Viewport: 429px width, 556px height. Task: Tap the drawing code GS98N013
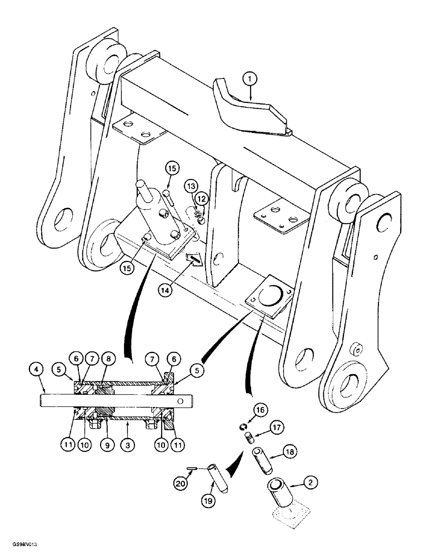pos(20,547)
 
